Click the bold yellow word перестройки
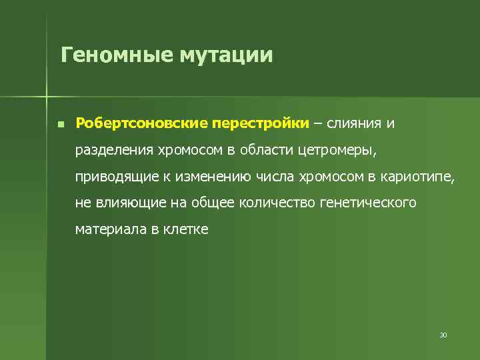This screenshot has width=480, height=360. tap(260, 123)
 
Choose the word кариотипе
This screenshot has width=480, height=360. tap(420, 176)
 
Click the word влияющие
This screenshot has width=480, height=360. tap(122, 203)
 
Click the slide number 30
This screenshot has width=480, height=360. tap(443, 335)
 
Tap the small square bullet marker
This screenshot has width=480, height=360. tap(60, 125)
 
